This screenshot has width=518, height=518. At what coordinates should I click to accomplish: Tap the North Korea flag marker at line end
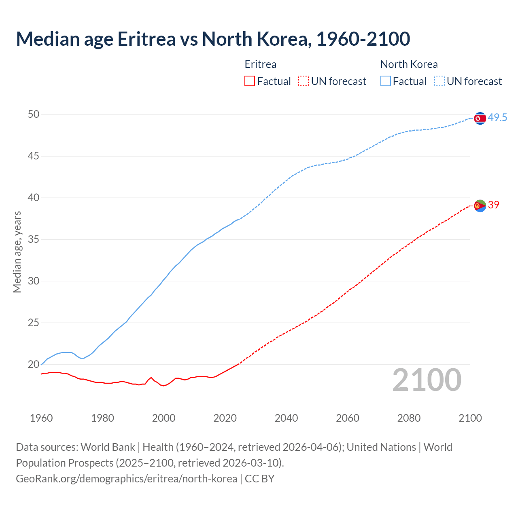[x=480, y=118]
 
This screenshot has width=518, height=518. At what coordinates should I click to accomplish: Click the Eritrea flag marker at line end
[x=480, y=206]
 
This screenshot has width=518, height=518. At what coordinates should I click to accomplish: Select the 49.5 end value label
[x=497, y=118]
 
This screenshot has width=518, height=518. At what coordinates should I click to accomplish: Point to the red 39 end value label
[x=494, y=205]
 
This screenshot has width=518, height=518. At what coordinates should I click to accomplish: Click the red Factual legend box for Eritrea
[x=250, y=81]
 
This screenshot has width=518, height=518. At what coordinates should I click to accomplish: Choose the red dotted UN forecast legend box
[x=304, y=81]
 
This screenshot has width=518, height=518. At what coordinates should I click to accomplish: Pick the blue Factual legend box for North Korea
[x=386, y=81]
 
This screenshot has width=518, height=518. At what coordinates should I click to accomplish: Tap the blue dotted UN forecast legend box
[x=439, y=81]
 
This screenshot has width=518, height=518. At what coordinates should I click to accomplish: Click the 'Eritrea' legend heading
[x=261, y=64]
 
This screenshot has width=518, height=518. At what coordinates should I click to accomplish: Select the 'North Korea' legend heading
[x=409, y=64]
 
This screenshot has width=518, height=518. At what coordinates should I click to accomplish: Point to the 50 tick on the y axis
[x=34, y=115]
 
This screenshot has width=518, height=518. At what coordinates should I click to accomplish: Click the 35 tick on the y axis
[x=34, y=240]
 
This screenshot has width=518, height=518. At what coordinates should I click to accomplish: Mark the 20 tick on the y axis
[x=34, y=365]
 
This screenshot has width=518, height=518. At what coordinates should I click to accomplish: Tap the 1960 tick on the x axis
[x=41, y=418]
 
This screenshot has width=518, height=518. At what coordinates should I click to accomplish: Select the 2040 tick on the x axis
[x=286, y=418]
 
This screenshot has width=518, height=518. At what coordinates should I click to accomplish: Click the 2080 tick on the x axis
[x=409, y=418]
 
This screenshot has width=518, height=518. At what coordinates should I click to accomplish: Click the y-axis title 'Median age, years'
[x=17, y=252]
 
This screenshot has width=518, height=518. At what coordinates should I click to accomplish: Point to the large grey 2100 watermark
[x=427, y=380]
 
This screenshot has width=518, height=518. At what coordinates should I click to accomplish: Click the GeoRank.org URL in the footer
[x=126, y=479]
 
